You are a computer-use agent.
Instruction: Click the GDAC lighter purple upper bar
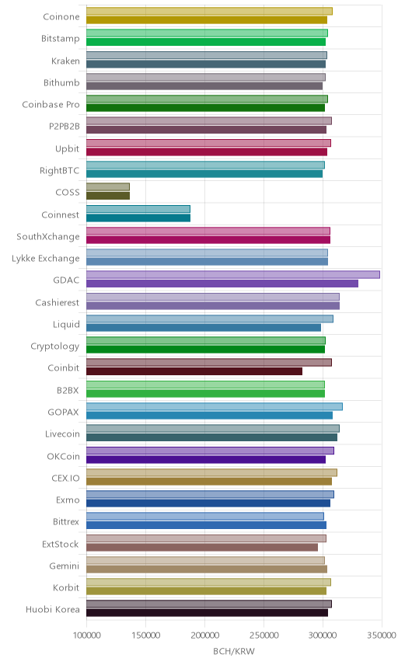coord(233,274)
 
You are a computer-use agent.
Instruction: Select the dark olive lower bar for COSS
coord(108,196)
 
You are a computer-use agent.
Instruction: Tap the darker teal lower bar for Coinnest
coord(138,218)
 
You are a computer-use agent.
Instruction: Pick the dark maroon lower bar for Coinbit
coord(194,371)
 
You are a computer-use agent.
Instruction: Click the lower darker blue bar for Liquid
coord(204,327)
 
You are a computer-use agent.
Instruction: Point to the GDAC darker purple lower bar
coord(222,284)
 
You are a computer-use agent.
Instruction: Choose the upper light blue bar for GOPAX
coord(215,406)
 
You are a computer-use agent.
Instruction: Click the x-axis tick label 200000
coord(204,635)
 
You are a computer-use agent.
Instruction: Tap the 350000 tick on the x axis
coord(382,635)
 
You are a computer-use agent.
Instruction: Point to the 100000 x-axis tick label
coord(86,635)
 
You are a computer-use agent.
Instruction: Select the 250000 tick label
coord(264,635)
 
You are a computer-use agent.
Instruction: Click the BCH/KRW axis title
coord(234,652)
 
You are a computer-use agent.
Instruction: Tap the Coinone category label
coord(61,16)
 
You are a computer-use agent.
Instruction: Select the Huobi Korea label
coord(53,609)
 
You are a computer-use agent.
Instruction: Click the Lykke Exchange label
coord(45,258)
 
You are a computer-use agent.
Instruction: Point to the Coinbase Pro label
coord(51,104)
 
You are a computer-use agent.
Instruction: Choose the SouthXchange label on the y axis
coord(48,236)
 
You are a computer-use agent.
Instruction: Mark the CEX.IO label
coord(65,478)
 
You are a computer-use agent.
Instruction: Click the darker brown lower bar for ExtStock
coord(202,547)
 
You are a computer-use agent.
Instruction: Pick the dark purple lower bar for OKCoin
coord(206,459)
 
